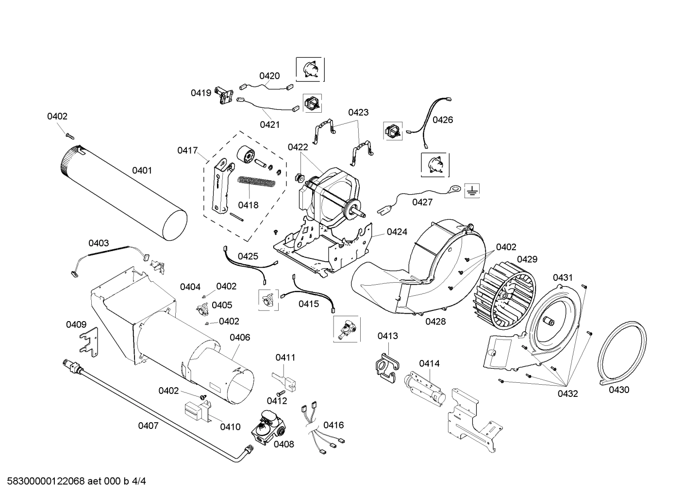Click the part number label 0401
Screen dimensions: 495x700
pos(142,171)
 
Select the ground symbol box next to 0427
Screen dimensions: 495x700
pos(470,191)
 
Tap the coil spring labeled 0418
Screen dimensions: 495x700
pos(257,183)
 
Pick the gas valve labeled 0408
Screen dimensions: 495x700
pos(267,427)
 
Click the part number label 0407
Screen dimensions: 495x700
pos(148,426)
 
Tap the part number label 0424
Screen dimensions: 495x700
pos(397,232)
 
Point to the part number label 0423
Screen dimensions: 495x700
pos(358,112)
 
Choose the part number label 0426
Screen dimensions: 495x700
pos(443,119)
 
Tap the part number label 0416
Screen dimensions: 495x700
pos(333,425)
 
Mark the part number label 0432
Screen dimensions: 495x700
pos(567,393)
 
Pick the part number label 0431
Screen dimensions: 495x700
pos(563,277)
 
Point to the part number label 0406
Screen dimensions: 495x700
pos(240,337)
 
